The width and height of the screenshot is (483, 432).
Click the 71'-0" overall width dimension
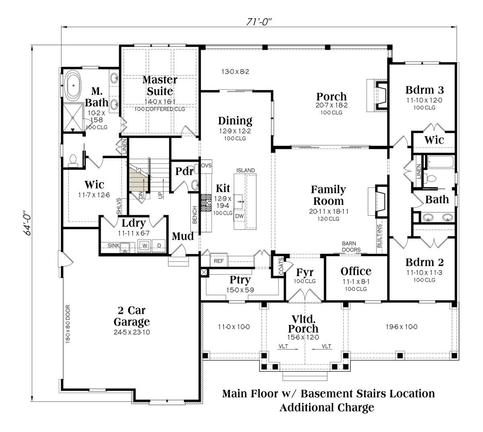[x=259, y=22]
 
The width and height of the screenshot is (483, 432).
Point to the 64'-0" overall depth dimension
[x=28, y=223]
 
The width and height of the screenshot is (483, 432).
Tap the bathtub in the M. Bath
[x=73, y=85]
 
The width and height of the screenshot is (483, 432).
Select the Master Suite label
[x=160, y=85]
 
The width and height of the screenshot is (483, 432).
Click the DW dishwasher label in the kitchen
[x=239, y=216]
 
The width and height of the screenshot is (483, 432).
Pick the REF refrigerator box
[x=219, y=261]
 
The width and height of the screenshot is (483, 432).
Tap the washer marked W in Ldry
[x=145, y=246]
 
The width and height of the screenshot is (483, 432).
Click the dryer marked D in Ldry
[x=159, y=246]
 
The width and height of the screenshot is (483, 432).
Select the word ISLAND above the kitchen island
[x=246, y=170]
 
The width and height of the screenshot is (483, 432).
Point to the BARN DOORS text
[x=351, y=246]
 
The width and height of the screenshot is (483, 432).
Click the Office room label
[x=356, y=271]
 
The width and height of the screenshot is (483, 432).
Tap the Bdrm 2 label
[x=425, y=262]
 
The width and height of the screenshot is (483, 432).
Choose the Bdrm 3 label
[x=425, y=90]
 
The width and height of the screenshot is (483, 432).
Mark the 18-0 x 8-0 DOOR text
[x=68, y=324]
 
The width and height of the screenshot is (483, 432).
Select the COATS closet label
[x=281, y=266]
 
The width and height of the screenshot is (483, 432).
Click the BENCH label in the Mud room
[x=194, y=215]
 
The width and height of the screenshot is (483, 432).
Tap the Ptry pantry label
[x=240, y=280]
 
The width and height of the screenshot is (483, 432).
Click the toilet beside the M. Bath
[x=72, y=161]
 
